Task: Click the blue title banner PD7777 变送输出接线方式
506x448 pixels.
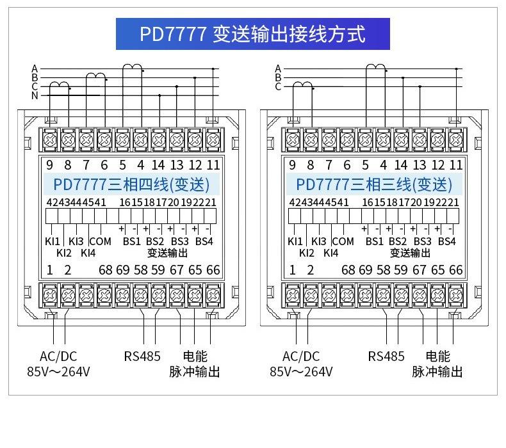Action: (252, 34)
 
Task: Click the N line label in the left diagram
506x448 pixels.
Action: (35, 96)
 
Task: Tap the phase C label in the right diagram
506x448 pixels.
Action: (278, 87)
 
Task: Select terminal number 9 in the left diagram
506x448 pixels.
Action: (49, 165)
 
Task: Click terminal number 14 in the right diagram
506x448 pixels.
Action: (400, 165)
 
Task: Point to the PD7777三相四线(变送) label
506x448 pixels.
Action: (131, 185)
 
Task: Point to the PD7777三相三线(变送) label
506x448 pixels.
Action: (374, 185)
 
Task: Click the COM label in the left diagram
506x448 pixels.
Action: (101, 241)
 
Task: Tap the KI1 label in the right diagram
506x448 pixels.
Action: (295, 241)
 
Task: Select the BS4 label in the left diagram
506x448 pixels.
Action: (204, 241)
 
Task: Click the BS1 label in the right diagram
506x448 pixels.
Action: (374, 241)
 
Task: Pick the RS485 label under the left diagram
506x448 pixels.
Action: (142, 356)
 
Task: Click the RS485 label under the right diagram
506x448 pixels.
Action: (386, 356)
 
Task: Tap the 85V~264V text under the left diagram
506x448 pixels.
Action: (58, 372)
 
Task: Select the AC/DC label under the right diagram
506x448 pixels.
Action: (301, 356)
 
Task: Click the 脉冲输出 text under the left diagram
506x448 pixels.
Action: (194, 372)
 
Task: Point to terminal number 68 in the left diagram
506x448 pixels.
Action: (106, 270)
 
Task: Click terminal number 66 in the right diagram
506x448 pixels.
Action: (456, 270)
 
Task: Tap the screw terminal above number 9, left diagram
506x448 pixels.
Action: (50, 140)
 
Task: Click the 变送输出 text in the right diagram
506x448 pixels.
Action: (410, 253)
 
